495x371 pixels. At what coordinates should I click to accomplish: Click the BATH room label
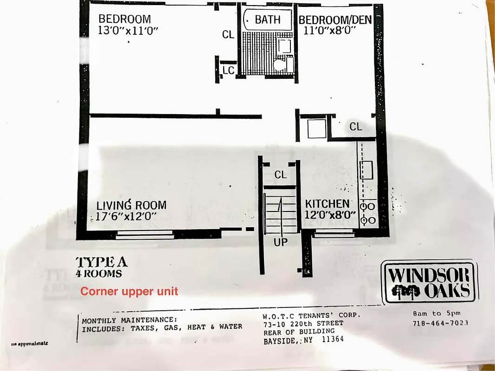268,19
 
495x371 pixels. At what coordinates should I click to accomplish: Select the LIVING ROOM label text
131,205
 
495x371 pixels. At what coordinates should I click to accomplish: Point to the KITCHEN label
327,204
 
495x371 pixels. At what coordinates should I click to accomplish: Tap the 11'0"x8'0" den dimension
330,31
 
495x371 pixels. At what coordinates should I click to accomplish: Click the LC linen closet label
228,70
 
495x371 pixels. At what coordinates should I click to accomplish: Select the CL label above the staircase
281,175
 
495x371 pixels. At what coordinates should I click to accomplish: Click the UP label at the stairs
280,242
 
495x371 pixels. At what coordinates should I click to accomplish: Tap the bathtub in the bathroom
267,20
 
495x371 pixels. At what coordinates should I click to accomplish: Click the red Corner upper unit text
129,292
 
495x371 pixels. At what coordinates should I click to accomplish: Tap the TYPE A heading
101,262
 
